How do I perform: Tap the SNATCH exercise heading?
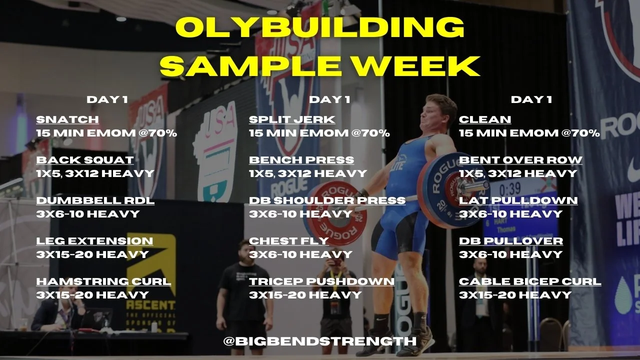pyautogui.click(x=67, y=120)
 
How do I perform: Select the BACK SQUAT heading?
pyautogui.click(x=85, y=160)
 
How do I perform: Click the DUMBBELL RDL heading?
pyautogui.click(x=95, y=201)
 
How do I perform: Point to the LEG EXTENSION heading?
pyautogui.click(x=94, y=241)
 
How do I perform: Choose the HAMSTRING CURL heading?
pyautogui.click(x=103, y=282)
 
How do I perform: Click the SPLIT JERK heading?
pyautogui.click(x=292, y=120)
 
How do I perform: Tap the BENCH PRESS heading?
pyautogui.click(x=301, y=160)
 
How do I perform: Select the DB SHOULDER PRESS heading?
pyautogui.click(x=327, y=201)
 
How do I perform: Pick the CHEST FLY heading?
pyautogui.click(x=288, y=241)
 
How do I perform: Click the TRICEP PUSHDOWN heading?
pyautogui.click(x=321, y=282)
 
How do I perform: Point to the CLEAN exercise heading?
pyautogui.click(x=485, y=120)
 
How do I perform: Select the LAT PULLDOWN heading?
pyautogui.click(x=518, y=201)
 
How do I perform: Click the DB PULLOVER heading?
pyautogui.click(x=510, y=241)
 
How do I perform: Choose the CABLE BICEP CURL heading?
pyautogui.click(x=530, y=282)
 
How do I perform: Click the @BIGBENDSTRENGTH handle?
pyautogui.click(x=320, y=341)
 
